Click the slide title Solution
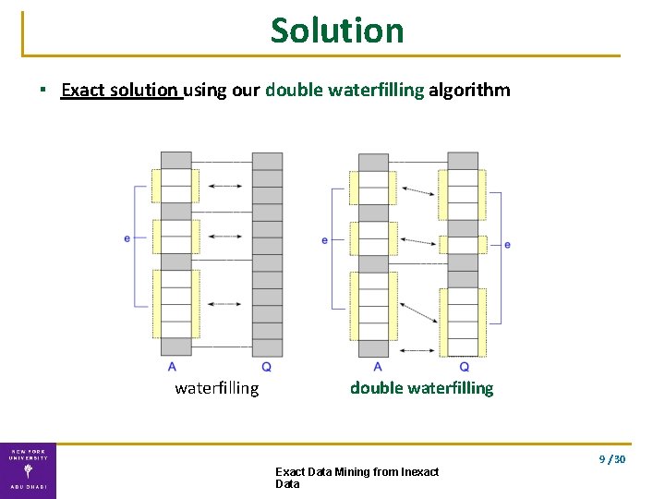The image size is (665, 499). click(x=337, y=30)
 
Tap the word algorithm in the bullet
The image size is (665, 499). click(x=469, y=91)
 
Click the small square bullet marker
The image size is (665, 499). click(x=42, y=91)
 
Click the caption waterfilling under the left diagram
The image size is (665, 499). click(x=217, y=388)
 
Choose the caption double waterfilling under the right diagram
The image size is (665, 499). click(x=421, y=388)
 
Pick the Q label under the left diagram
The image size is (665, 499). click(x=266, y=367)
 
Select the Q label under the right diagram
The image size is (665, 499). click(x=464, y=367)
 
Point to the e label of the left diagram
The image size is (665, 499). click(x=127, y=238)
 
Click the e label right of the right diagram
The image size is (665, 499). click(x=507, y=244)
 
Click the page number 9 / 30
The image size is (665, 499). click(x=612, y=459)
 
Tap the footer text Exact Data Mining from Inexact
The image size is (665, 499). click(x=357, y=472)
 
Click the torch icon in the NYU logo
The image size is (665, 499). click(x=28, y=469)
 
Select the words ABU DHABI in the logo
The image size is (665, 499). click(x=28, y=487)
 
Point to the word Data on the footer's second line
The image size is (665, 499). click(x=287, y=484)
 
